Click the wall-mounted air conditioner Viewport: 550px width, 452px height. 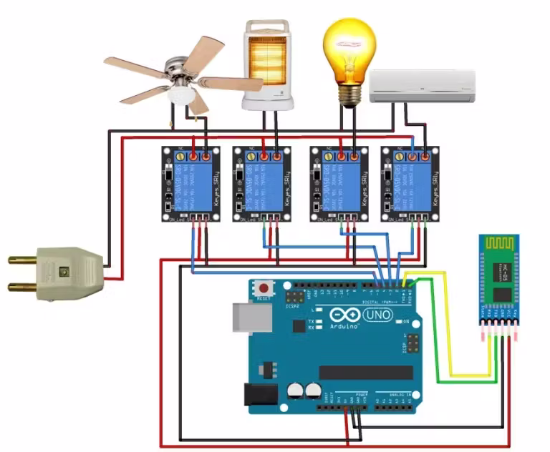click(423, 87)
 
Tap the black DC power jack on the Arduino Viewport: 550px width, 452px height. click(261, 395)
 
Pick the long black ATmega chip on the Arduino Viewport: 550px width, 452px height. click(366, 372)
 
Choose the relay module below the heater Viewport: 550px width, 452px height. click(262, 184)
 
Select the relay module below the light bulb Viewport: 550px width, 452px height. click(339, 184)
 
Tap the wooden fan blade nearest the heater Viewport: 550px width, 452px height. click(232, 83)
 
